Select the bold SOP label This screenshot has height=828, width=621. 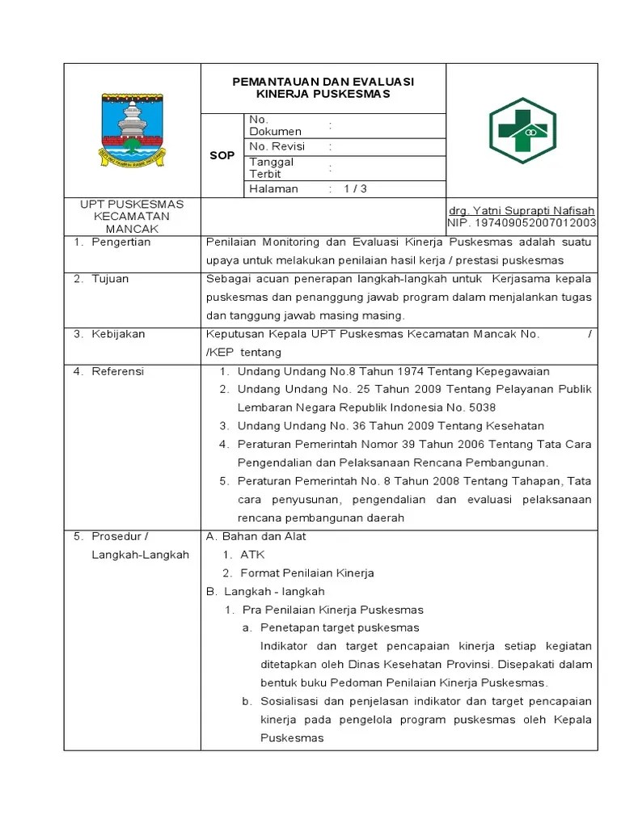point(222,154)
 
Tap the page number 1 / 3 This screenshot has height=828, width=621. point(355,188)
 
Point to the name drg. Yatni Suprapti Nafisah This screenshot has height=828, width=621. point(522,210)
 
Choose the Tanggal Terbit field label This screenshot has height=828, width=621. point(272,167)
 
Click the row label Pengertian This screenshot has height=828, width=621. point(120,242)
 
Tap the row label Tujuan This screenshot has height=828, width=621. point(110,279)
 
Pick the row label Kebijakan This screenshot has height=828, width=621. point(117,333)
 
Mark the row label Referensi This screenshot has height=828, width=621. point(117,371)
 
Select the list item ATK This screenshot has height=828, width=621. point(252,555)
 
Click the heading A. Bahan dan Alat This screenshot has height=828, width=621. point(256,536)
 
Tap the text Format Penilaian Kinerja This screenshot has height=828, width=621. point(307,573)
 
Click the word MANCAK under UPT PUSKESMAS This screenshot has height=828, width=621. point(132,229)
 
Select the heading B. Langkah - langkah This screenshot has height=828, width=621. point(265,592)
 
